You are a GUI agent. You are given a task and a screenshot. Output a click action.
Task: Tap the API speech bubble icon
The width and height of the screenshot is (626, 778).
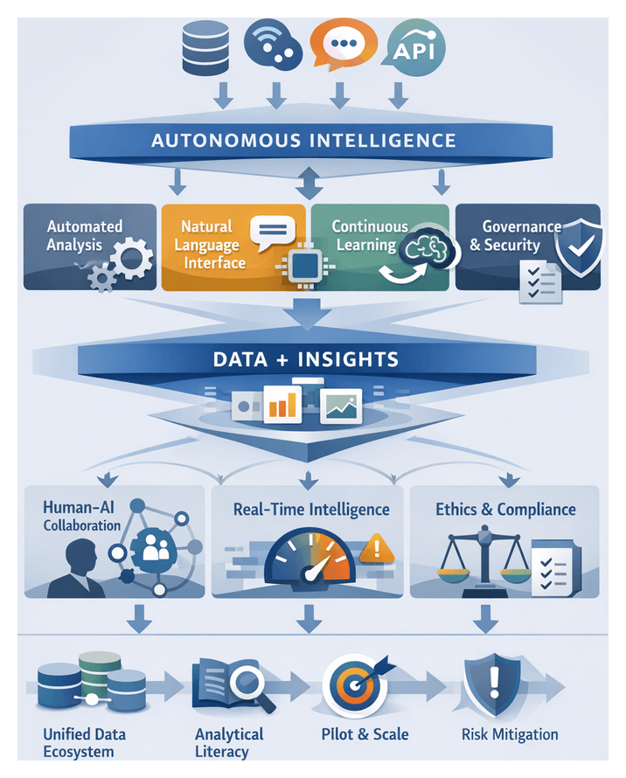[414, 48]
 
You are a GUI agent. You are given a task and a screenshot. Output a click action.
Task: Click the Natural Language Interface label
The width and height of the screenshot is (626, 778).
[209, 244]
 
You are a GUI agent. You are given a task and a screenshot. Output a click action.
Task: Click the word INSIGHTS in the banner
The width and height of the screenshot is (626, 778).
[357, 359]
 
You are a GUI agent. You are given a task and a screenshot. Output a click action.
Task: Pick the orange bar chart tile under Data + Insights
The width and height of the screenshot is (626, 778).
[282, 403]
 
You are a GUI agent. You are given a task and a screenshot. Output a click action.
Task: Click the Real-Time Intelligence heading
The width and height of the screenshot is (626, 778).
[311, 509]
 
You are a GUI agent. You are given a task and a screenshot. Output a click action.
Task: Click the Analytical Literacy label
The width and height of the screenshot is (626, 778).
[229, 742]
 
